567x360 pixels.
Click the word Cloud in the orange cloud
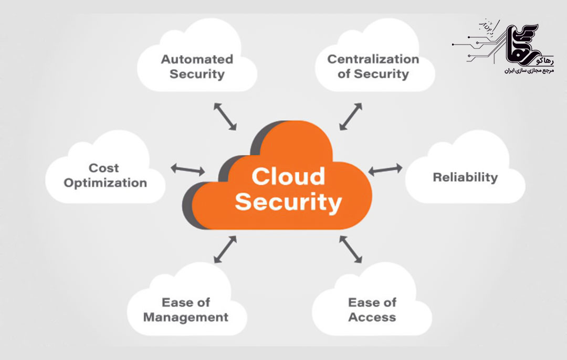coord(288,176)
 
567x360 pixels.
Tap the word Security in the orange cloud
coord(288,202)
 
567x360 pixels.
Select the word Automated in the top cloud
coord(197,59)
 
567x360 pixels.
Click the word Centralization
coord(373,59)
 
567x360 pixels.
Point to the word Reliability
coord(465,177)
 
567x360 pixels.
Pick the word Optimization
coord(106,183)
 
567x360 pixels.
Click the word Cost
coord(104,168)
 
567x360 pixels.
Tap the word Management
coord(186,317)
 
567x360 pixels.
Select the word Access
coord(372,317)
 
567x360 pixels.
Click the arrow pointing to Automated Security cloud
coord(225,117)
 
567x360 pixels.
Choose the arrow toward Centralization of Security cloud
coord(351,116)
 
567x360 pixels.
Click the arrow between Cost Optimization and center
coord(188,169)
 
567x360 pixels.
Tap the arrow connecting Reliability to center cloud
coord(385,170)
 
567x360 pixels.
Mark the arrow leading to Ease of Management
coord(225,249)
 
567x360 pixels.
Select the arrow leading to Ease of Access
coord(351,249)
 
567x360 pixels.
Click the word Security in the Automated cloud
coord(197,74)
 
